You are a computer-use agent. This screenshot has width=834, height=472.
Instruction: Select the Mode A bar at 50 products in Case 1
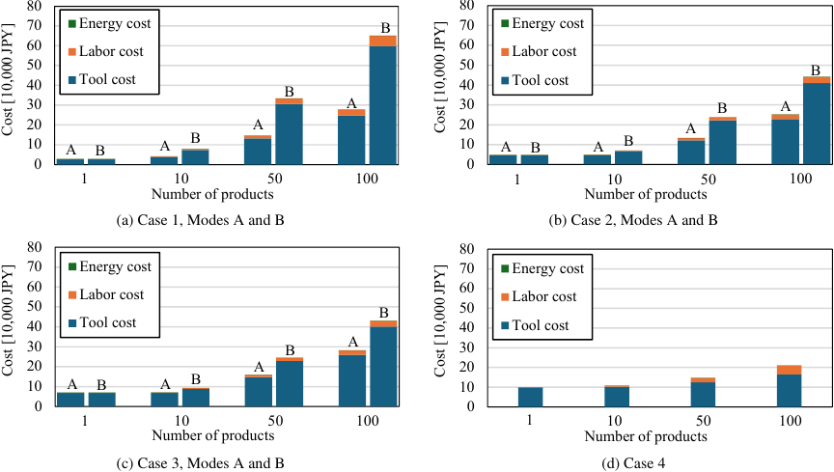click(x=258, y=151)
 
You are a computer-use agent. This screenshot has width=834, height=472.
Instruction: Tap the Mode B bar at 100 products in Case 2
click(x=817, y=122)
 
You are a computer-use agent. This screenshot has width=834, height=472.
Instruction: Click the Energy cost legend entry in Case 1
click(x=107, y=22)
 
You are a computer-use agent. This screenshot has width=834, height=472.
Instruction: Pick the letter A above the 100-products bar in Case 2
click(x=785, y=107)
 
